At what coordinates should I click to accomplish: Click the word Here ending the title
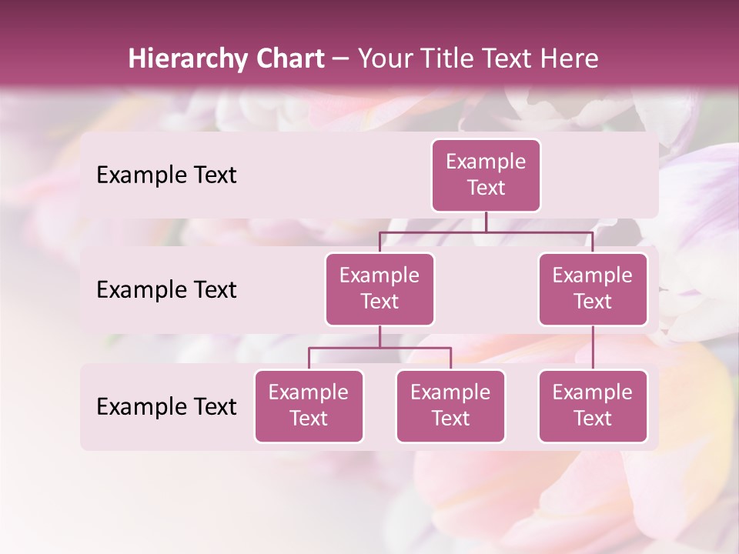tap(570, 59)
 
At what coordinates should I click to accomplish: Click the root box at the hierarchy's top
tap(486, 175)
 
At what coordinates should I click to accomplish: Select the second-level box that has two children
tap(380, 289)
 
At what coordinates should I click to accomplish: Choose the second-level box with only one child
tap(593, 289)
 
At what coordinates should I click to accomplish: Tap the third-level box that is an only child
tap(593, 406)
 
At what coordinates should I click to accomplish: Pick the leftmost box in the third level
tap(309, 406)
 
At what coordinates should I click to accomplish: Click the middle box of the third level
tap(450, 406)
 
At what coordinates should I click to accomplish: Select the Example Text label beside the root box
tap(166, 175)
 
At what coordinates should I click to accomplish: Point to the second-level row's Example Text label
tap(166, 290)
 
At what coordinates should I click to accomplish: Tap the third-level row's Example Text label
tap(166, 407)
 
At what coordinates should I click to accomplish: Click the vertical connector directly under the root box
tap(486, 222)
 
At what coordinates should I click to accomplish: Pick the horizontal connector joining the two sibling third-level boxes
tap(380, 348)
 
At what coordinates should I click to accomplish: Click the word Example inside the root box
tap(486, 162)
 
